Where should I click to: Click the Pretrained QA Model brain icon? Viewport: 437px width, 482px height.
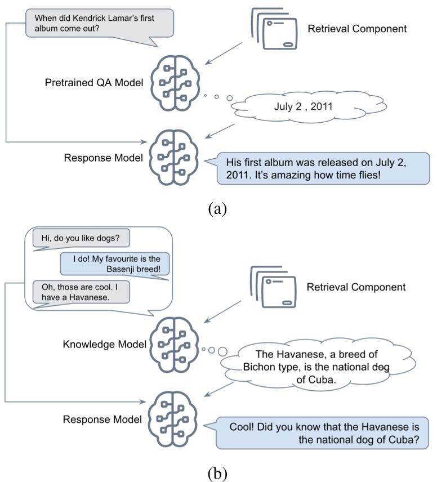(x=174, y=82)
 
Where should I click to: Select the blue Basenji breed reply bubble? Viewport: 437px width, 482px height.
(x=115, y=264)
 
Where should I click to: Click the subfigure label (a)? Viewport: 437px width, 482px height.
(x=218, y=209)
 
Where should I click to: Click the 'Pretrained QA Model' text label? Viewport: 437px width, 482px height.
(x=93, y=83)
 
